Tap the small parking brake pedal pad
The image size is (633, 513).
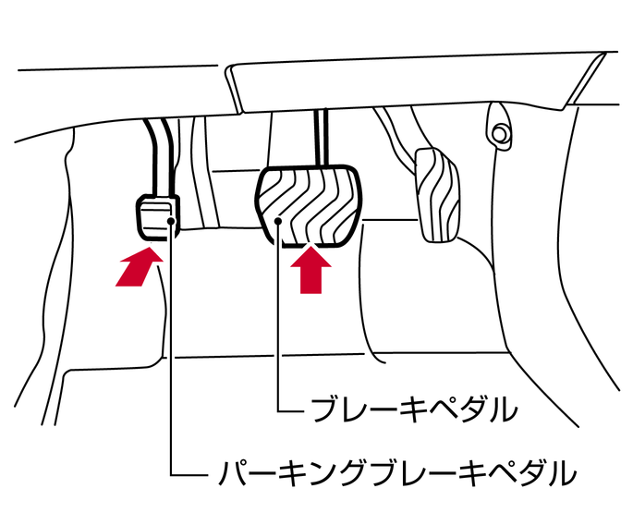click(x=157, y=215)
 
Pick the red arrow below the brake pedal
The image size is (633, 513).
click(x=310, y=271)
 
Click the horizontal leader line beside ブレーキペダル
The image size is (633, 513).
click(x=291, y=407)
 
